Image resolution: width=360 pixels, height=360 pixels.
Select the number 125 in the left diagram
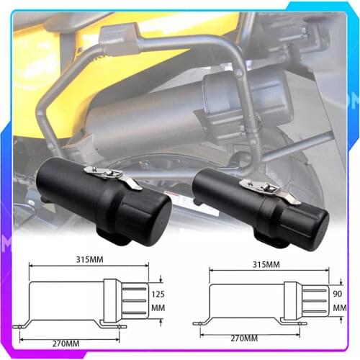pos(157,293)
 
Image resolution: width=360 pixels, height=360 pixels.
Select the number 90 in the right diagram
pos(338,293)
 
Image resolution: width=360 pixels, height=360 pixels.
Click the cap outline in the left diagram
pos(125,300)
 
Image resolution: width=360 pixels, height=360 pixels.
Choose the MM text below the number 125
pos(157,308)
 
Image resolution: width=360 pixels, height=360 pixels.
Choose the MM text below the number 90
pos(338,307)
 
